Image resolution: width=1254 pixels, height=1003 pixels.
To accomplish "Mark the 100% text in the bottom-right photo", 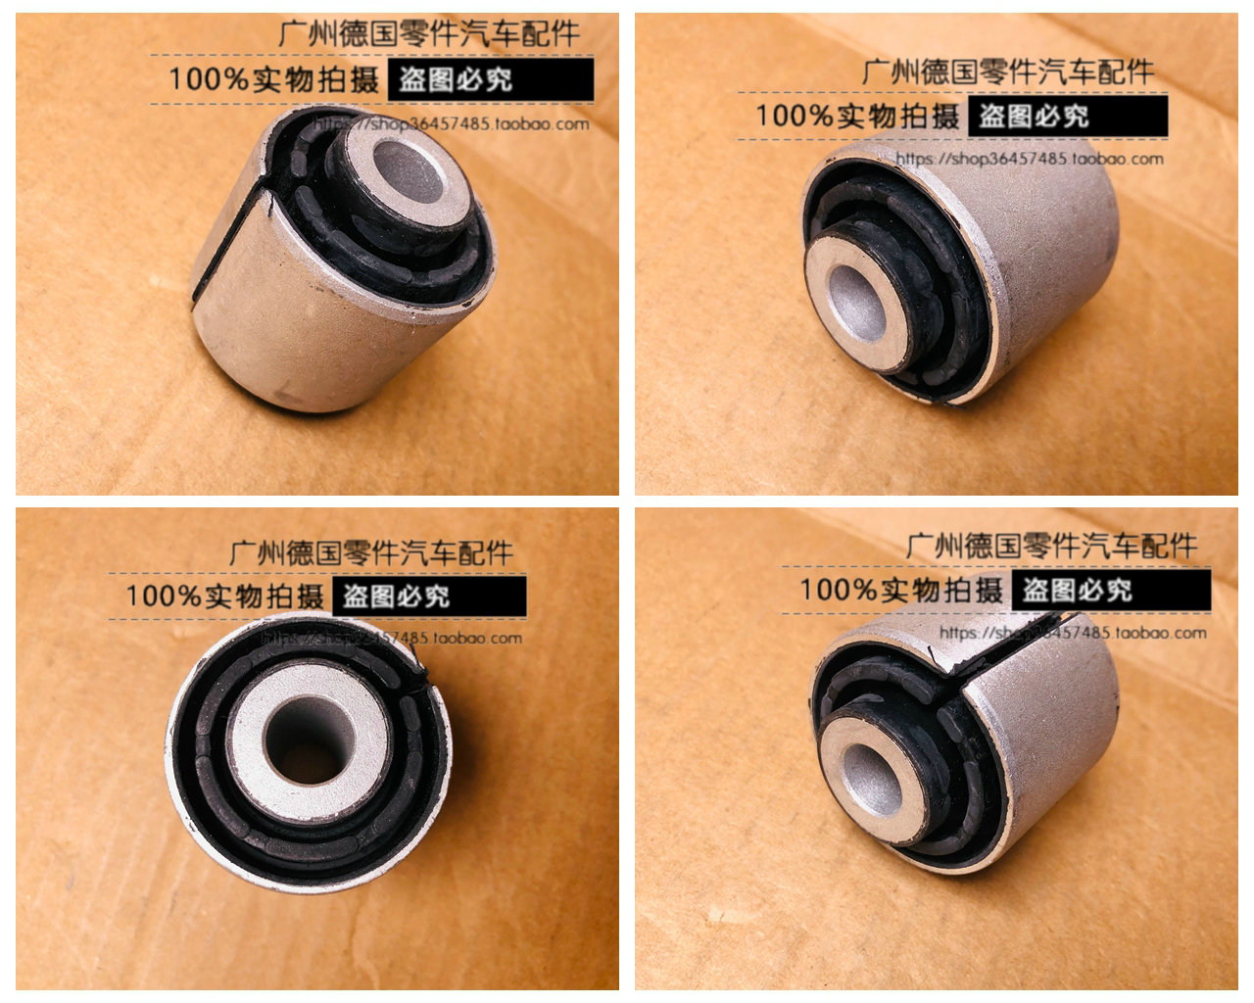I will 840,590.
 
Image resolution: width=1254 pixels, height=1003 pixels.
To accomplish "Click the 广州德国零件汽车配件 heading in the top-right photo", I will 1008,72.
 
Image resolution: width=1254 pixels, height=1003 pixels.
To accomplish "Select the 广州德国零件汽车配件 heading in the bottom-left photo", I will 371,552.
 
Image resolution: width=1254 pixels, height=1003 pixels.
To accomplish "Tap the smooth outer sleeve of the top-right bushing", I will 1048,245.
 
